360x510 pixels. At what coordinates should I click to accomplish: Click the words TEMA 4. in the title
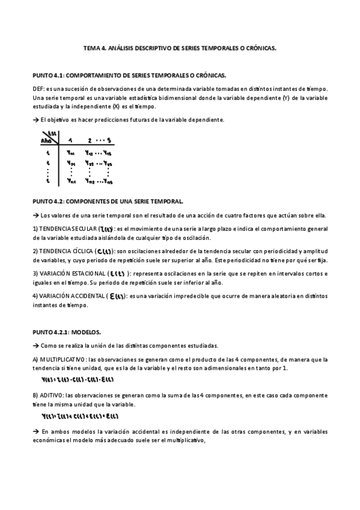pyautogui.click(x=94, y=50)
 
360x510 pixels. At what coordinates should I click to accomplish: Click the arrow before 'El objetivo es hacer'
pyautogui.click(x=35, y=120)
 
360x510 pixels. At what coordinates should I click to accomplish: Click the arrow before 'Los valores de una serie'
pyautogui.click(x=35, y=215)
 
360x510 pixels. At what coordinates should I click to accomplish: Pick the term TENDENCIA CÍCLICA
pyautogui.click(x=64, y=250)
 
